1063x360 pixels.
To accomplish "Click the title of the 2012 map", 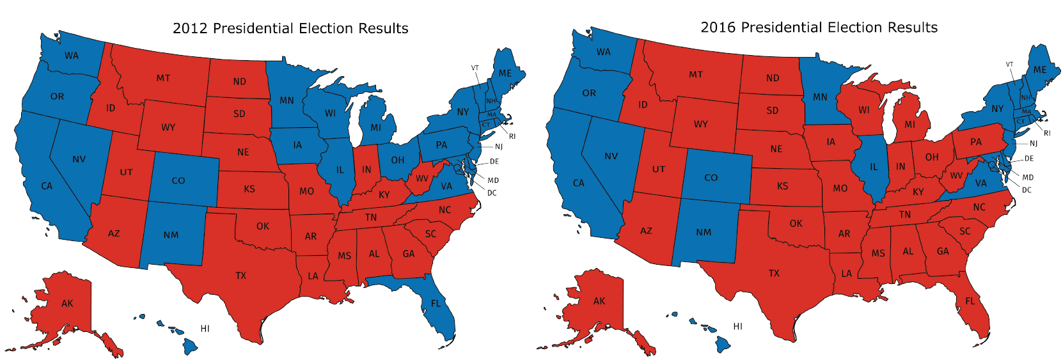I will coord(290,28).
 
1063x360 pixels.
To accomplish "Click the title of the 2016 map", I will coord(819,27).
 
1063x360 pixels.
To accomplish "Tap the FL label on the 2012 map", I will coord(436,303).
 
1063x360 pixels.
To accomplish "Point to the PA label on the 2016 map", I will coord(975,142).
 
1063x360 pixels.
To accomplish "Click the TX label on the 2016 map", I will coord(774,273).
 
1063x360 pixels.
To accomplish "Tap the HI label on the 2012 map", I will coord(205,329).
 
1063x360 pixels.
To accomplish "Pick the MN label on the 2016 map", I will coord(820,97).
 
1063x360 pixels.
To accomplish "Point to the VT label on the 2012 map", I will coord(475,68).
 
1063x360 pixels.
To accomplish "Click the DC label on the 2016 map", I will coord(1027,190).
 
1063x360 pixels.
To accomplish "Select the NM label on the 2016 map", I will coord(704,232).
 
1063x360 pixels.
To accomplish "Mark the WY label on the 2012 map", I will coord(168,127).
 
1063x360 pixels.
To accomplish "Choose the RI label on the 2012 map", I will coord(512,136).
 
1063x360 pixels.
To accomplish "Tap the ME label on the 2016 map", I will coord(1040,70).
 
